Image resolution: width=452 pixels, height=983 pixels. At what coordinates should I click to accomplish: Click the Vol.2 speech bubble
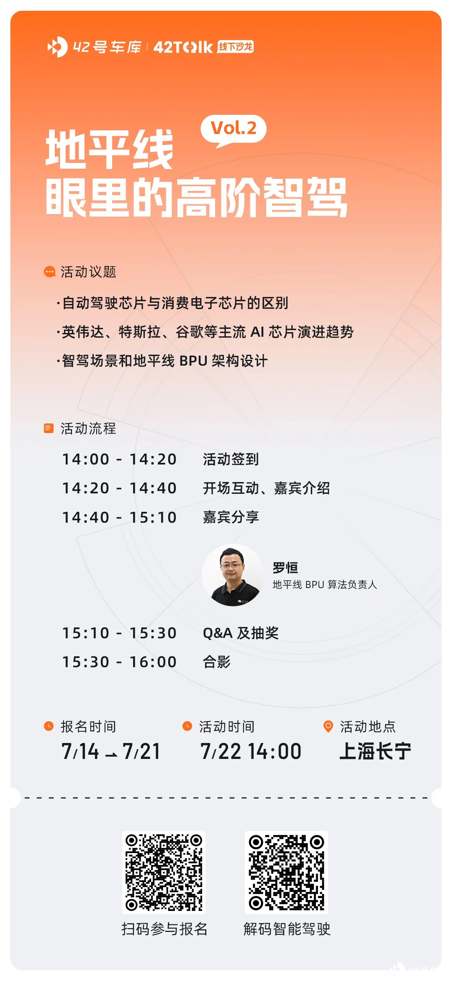[x=234, y=129]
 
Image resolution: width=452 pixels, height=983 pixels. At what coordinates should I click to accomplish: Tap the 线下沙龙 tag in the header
[x=236, y=46]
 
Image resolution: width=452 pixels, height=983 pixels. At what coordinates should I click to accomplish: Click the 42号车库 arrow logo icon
[x=57, y=46]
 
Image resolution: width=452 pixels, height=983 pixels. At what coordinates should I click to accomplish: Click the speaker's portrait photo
[x=233, y=575]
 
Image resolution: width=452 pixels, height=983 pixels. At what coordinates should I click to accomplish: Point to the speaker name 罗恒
[x=285, y=568]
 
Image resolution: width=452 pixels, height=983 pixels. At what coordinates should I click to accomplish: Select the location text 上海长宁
[x=375, y=751]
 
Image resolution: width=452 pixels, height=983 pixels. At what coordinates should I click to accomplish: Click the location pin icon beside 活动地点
[x=329, y=726]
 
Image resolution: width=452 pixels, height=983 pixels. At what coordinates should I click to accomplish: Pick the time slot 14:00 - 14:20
[x=119, y=459]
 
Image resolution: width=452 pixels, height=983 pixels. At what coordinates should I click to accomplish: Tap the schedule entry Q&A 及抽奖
[x=241, y=633]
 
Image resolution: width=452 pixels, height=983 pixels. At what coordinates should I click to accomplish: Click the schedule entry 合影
[x=217, y=662]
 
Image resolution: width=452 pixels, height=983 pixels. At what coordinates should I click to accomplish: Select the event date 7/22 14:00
[x=251, y=751]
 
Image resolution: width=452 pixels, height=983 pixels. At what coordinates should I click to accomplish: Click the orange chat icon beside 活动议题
[x=49, y=272]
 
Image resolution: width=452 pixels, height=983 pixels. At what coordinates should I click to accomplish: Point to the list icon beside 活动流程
[x=49, y=428]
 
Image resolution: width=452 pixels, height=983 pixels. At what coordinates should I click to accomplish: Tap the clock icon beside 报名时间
[x=49, y=726]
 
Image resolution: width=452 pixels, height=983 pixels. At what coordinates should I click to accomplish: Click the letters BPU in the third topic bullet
[x=193, y=361]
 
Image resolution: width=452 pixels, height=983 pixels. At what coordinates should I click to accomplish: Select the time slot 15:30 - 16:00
[x=119, y=662]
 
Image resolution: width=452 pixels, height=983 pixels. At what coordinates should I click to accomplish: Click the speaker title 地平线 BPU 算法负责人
[x=325, y=584]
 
